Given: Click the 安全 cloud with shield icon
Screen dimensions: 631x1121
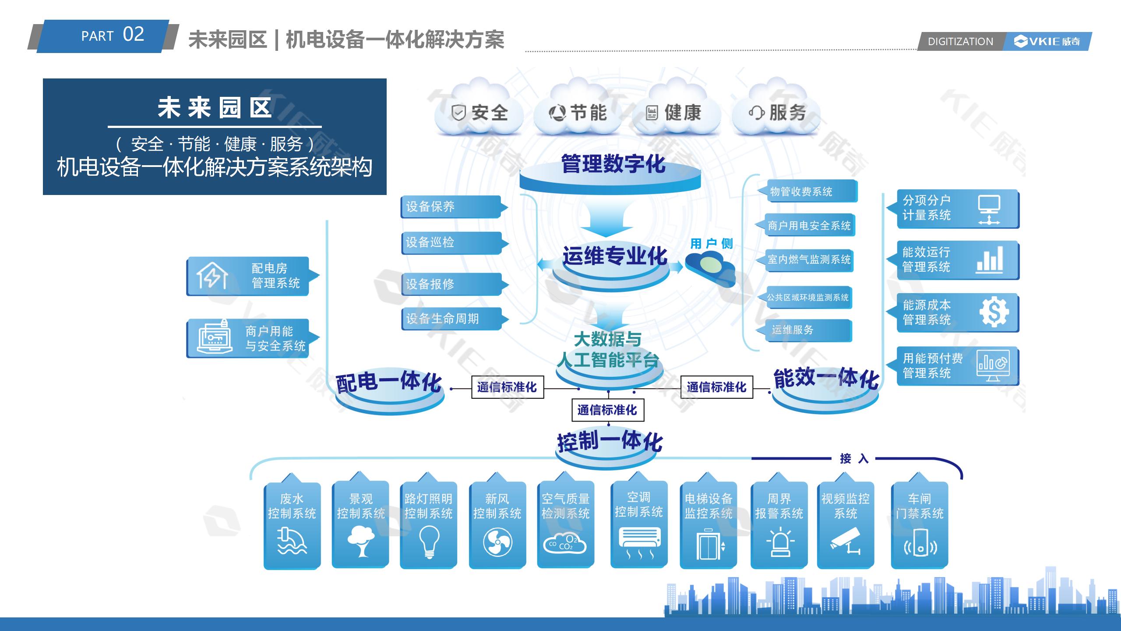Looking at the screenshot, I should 479,112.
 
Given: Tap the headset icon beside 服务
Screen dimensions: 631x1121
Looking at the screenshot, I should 756,113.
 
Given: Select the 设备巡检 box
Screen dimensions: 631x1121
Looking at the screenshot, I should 451,242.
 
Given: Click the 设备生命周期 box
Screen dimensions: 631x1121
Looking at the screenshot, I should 451,319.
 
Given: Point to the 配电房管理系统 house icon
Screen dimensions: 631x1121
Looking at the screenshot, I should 212,276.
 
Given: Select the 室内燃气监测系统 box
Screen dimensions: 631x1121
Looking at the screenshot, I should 809,259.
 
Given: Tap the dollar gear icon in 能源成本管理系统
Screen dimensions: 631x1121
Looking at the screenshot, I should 994,312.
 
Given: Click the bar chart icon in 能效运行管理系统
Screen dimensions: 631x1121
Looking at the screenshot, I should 990,260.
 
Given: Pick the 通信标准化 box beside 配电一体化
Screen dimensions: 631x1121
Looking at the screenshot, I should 507,387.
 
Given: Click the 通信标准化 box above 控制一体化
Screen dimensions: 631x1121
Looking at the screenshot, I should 607,410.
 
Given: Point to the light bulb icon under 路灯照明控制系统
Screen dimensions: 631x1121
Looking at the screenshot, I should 429,542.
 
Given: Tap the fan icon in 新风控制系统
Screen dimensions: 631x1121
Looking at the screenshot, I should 497,542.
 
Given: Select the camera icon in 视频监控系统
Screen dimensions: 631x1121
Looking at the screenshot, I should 845,542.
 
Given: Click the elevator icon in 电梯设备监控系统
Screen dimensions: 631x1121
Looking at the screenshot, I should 708,544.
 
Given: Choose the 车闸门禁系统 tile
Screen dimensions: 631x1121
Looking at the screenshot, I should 920,525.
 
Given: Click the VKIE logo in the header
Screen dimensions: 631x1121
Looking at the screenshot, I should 1046,42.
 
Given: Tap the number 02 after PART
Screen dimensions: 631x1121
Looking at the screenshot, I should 133,34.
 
